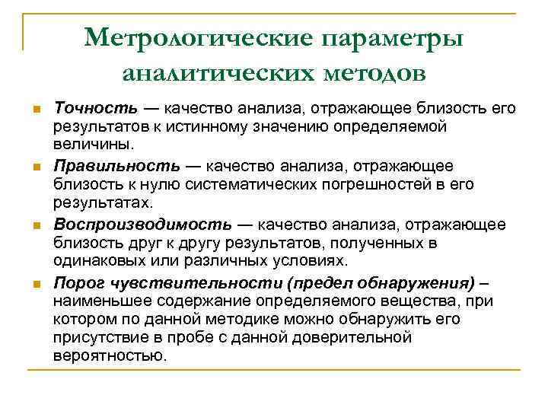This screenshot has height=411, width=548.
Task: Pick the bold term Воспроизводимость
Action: pos(142,225)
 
